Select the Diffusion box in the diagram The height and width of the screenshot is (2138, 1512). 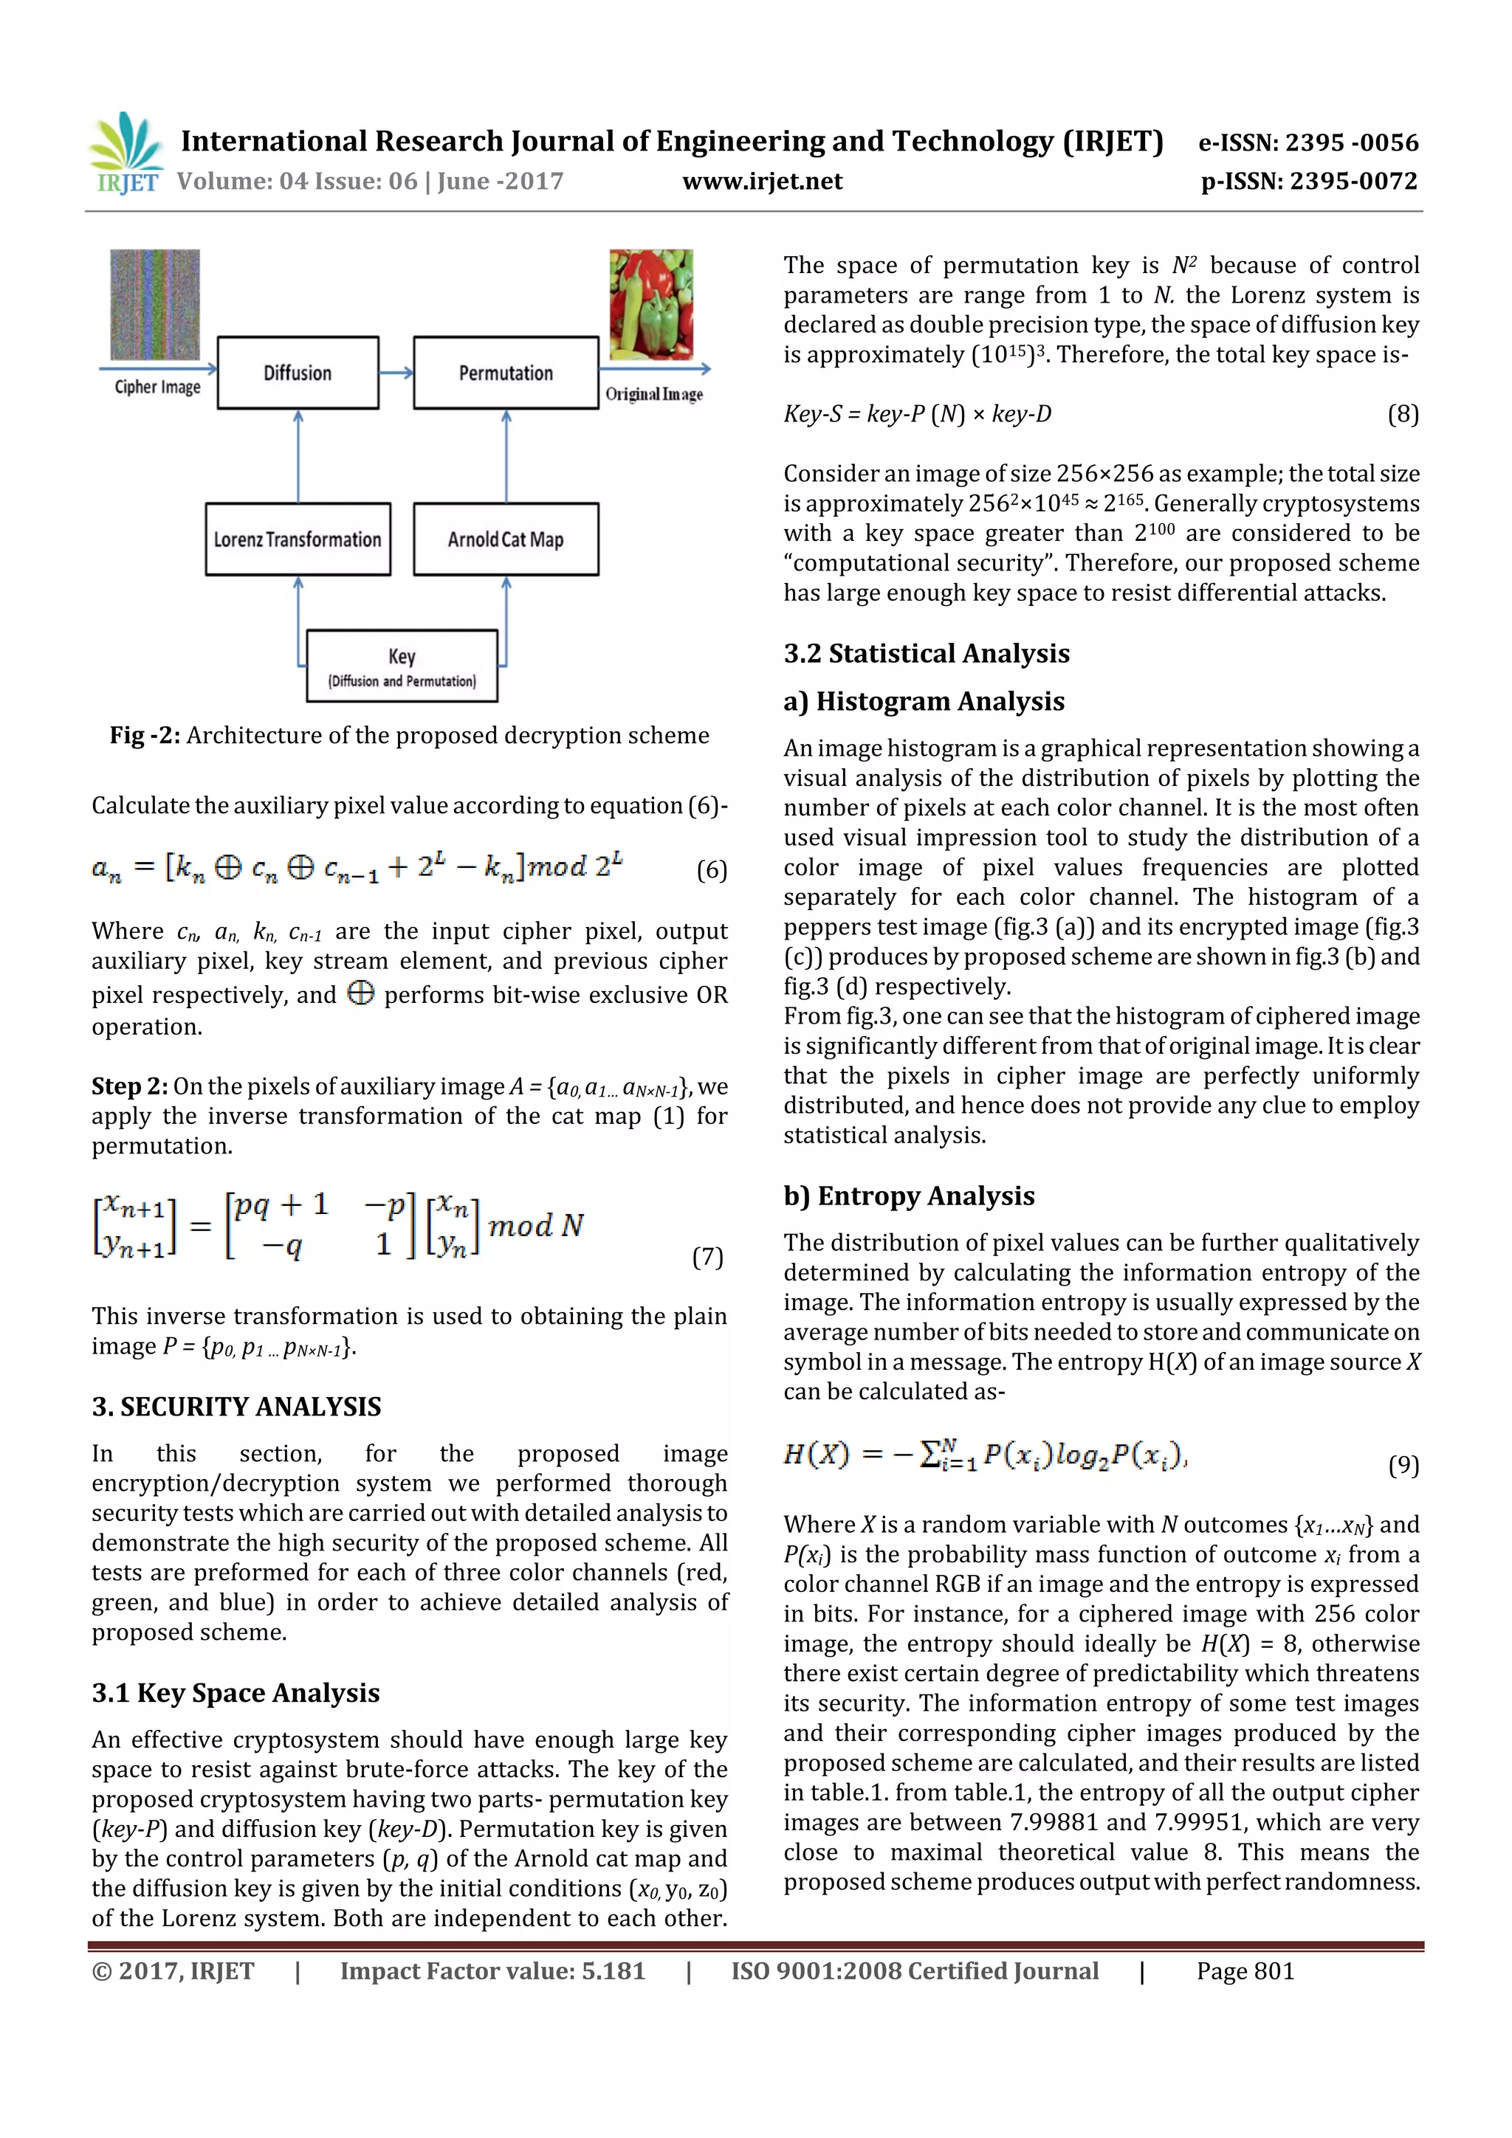[x=298, y=373]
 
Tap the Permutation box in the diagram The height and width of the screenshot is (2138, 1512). [x=506, y=373]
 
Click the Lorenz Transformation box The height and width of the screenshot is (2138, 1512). [x=298, y=539]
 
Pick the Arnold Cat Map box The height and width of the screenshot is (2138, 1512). [x=506, y=539]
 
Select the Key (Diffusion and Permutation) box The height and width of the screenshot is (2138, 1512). [x=402, y=666]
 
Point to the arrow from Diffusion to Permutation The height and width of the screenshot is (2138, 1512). [x=396, y=373]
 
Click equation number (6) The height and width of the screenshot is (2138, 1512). [x=712, y=869]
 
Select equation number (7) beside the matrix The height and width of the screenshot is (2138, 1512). [x=707, y=1257]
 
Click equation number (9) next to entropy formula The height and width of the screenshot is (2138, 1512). [x=1403, y=1466]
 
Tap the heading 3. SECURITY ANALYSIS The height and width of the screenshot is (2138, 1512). [x=237, y=1406]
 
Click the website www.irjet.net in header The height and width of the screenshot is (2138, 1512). [x=762, y=181]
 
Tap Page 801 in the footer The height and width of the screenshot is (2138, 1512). [x=1245, y=1970]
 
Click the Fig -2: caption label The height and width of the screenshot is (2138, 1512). [x=145, y=735]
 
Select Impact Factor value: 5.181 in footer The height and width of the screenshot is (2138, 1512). [x=492, y=1970]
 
